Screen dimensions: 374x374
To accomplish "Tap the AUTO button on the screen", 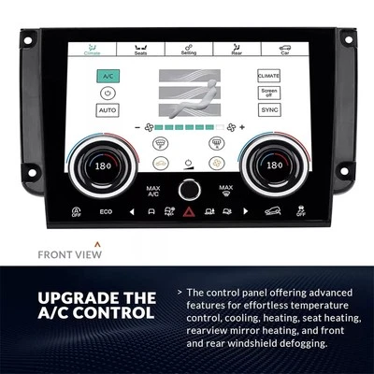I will [108, 110].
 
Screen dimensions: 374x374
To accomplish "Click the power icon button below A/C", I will [108, 93].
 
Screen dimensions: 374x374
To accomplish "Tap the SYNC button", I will [268, 110].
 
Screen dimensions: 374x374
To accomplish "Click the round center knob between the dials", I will [188, 188].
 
